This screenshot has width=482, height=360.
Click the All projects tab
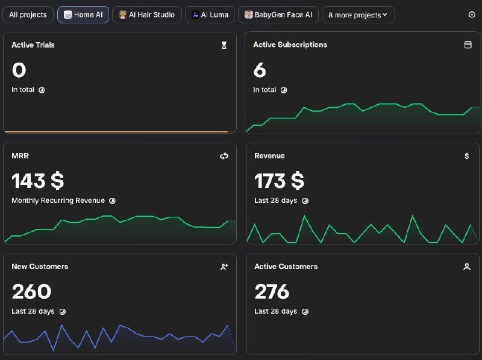tap(28, 14)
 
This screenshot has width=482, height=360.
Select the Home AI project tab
tap(83, 14)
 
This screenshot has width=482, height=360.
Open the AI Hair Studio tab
tap(147, 14)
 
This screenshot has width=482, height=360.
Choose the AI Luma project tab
tap(210, 14)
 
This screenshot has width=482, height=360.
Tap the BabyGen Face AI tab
tap(278, 14)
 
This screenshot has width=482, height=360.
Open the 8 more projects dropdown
tap(358, 14)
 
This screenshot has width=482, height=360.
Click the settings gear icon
tap(472, 14)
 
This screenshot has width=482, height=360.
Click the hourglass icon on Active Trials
tap(224, 45)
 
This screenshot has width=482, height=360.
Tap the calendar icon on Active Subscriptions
tap(468, 45)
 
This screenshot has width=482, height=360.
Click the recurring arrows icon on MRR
tap(224, 156)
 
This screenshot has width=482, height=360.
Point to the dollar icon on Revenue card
tap(466, 156)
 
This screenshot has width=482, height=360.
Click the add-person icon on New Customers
tap(224, 267)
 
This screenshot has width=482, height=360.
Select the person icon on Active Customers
tap(466, 267)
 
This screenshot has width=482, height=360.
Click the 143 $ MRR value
tap(38, 181)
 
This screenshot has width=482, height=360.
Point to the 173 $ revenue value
tap(279, 181)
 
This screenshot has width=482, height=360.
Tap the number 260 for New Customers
tap(31, 291)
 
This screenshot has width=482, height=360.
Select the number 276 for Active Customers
tap(272, 291)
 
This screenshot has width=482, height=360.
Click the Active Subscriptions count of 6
tap(260, 70)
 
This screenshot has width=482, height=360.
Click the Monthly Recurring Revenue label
tap(58, 200)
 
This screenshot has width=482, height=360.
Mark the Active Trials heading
tap(33, 45)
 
